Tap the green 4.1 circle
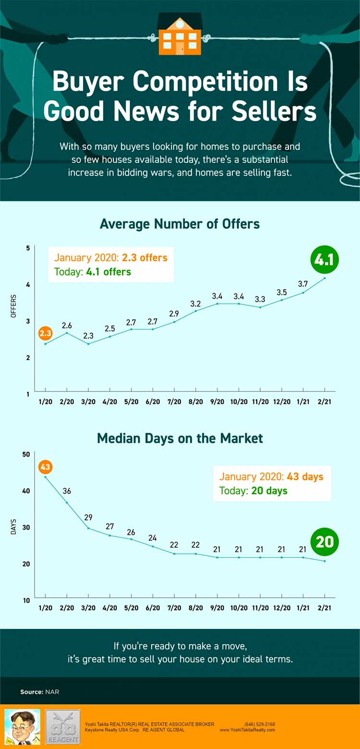(x=324, y=260)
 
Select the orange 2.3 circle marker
(x=46, y=333)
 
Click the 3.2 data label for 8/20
(x=195, y=304)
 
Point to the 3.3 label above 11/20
(x=260, y=299)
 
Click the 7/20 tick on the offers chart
(x=174, y=401)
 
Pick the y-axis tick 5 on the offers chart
(x=28, y=248)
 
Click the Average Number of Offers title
(x=180, y=224)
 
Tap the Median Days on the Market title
(x=180, y=438)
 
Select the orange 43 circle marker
(x=46, y=467)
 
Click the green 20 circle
(x=324, y=542)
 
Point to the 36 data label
(x=67, y=491)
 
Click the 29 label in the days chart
(x=88, y=518)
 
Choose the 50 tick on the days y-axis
(x=26, y=454)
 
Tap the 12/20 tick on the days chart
(x=282, y=607)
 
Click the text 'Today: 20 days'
(x=253, y=490)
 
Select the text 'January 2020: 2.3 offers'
(x=110, y=257)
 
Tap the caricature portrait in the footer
(x=22, y=727)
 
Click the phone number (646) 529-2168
(x=260, y=724)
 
